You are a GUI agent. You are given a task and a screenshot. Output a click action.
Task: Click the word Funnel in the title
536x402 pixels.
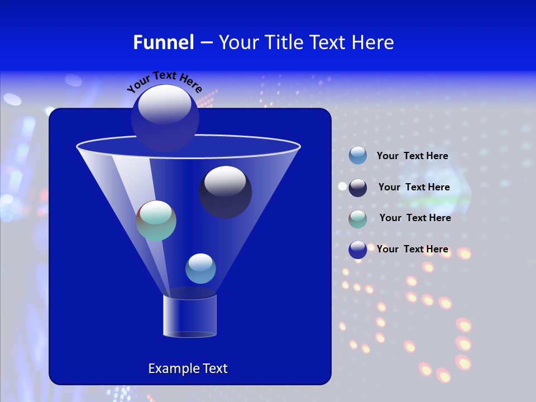(x=163, y=42)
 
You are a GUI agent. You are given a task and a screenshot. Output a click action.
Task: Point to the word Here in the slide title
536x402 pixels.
(x=374, y=42)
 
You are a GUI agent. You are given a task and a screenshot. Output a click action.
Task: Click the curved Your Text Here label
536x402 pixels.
(x=164, y=80)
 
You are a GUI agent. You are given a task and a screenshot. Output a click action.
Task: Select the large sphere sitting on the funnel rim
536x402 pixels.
(x=165, y=117)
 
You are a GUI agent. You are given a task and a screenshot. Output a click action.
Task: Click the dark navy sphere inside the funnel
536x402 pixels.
(x=225, y=192)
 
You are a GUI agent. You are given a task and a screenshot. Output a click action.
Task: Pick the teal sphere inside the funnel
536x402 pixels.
(x=156, y=221)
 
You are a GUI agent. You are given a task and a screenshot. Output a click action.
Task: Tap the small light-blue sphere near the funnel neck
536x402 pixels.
(x=200, y=269)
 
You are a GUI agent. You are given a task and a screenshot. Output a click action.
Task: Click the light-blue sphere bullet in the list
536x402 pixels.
(x=358, y=156)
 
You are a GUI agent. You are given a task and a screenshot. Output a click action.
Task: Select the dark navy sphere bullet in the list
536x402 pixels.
(x=358, y=188)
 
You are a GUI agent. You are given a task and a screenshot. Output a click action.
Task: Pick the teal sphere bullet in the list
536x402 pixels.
(x=358, y=219)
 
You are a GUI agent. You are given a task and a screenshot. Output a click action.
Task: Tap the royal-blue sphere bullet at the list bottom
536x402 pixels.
(x=358, y=250)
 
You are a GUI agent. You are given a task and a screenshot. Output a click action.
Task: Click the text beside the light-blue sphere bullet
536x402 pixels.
(x=412, y=156)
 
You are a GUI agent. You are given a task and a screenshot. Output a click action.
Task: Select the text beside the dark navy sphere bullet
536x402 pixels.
(x=414, y=187)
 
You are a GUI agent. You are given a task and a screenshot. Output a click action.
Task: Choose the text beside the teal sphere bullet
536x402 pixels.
(x=415, y=218)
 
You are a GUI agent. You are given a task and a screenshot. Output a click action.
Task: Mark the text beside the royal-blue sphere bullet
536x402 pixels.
(x=412, y=249)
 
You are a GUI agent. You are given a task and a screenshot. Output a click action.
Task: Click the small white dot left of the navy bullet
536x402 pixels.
(x=342, y=186)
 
